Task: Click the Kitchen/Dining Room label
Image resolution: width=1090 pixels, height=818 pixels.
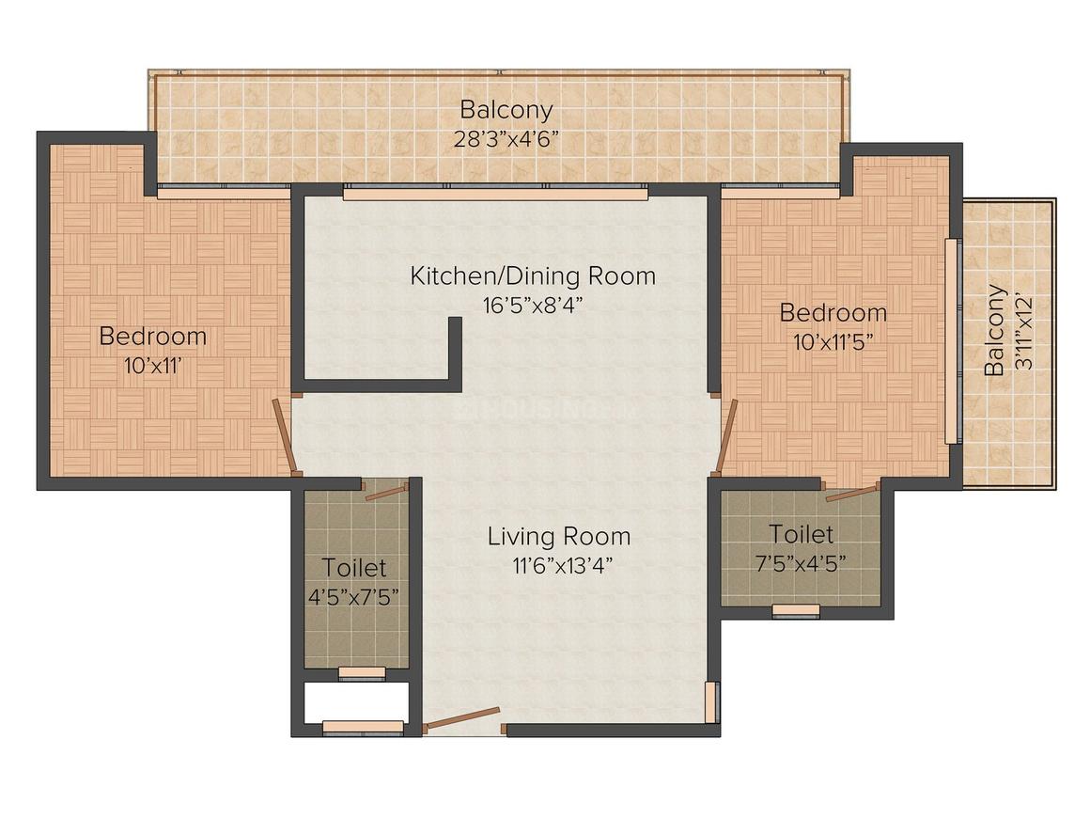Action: point(533,275)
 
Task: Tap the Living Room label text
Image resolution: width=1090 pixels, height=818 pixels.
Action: point(559,536)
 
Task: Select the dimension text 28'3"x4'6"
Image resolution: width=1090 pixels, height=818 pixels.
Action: point(506,140)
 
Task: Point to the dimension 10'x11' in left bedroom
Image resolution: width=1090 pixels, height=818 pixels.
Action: point(153,366)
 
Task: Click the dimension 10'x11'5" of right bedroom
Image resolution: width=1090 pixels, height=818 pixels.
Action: point(833,342)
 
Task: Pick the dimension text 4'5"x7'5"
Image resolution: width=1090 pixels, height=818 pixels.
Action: point(353,597)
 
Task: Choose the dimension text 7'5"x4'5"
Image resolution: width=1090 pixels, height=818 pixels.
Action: point(801,563)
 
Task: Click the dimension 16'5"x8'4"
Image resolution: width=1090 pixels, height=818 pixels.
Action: point(533,306)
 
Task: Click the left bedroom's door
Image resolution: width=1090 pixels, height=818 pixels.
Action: point(286,437)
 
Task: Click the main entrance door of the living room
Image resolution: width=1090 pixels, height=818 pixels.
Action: point(462,719)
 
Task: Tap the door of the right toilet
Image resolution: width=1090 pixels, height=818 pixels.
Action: point(852,494)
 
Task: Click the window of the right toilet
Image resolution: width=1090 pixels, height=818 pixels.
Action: point(796,611)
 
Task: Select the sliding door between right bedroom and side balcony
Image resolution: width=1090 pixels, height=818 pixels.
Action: point(953,340)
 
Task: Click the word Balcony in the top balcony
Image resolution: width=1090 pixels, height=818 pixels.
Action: point(506,110)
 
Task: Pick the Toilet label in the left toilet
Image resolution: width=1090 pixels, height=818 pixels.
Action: point(353,568)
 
